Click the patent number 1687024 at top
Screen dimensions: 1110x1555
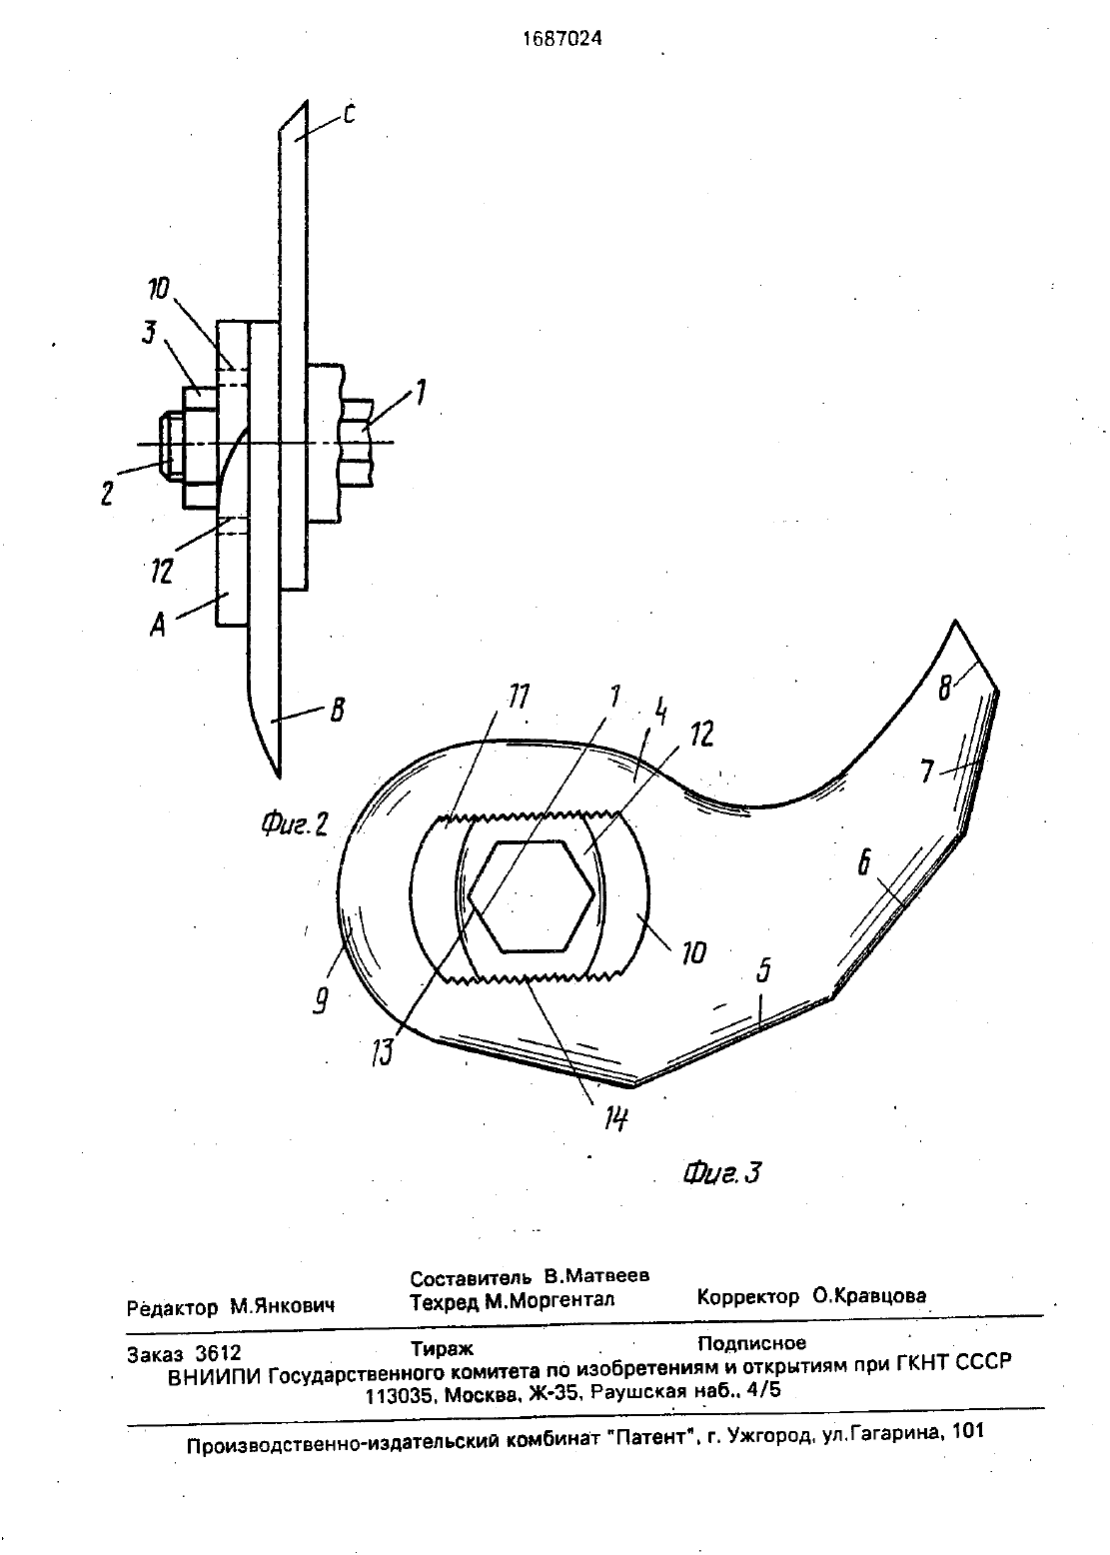point(561,39)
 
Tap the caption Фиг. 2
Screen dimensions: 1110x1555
point(294,824)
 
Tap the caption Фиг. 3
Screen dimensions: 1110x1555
point(721,1172)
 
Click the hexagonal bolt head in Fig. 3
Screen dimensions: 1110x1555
point(532,896)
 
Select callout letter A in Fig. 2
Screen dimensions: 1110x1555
point(158,627)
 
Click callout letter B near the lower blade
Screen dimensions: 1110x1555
point(338,711)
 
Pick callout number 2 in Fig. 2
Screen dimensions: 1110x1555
point(107,494)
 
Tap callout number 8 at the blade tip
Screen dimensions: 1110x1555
point(944,688)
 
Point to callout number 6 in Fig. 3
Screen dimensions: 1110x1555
point(863,862)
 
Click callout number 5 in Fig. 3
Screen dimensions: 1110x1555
point(763,971)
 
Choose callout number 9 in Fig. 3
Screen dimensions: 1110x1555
point(320,1000)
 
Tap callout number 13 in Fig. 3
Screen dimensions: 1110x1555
point(382,1051)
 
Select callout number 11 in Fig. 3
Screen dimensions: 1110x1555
point(518,696)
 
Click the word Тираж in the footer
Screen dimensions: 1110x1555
point(442,1349)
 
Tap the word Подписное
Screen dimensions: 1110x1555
point(751,1343)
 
